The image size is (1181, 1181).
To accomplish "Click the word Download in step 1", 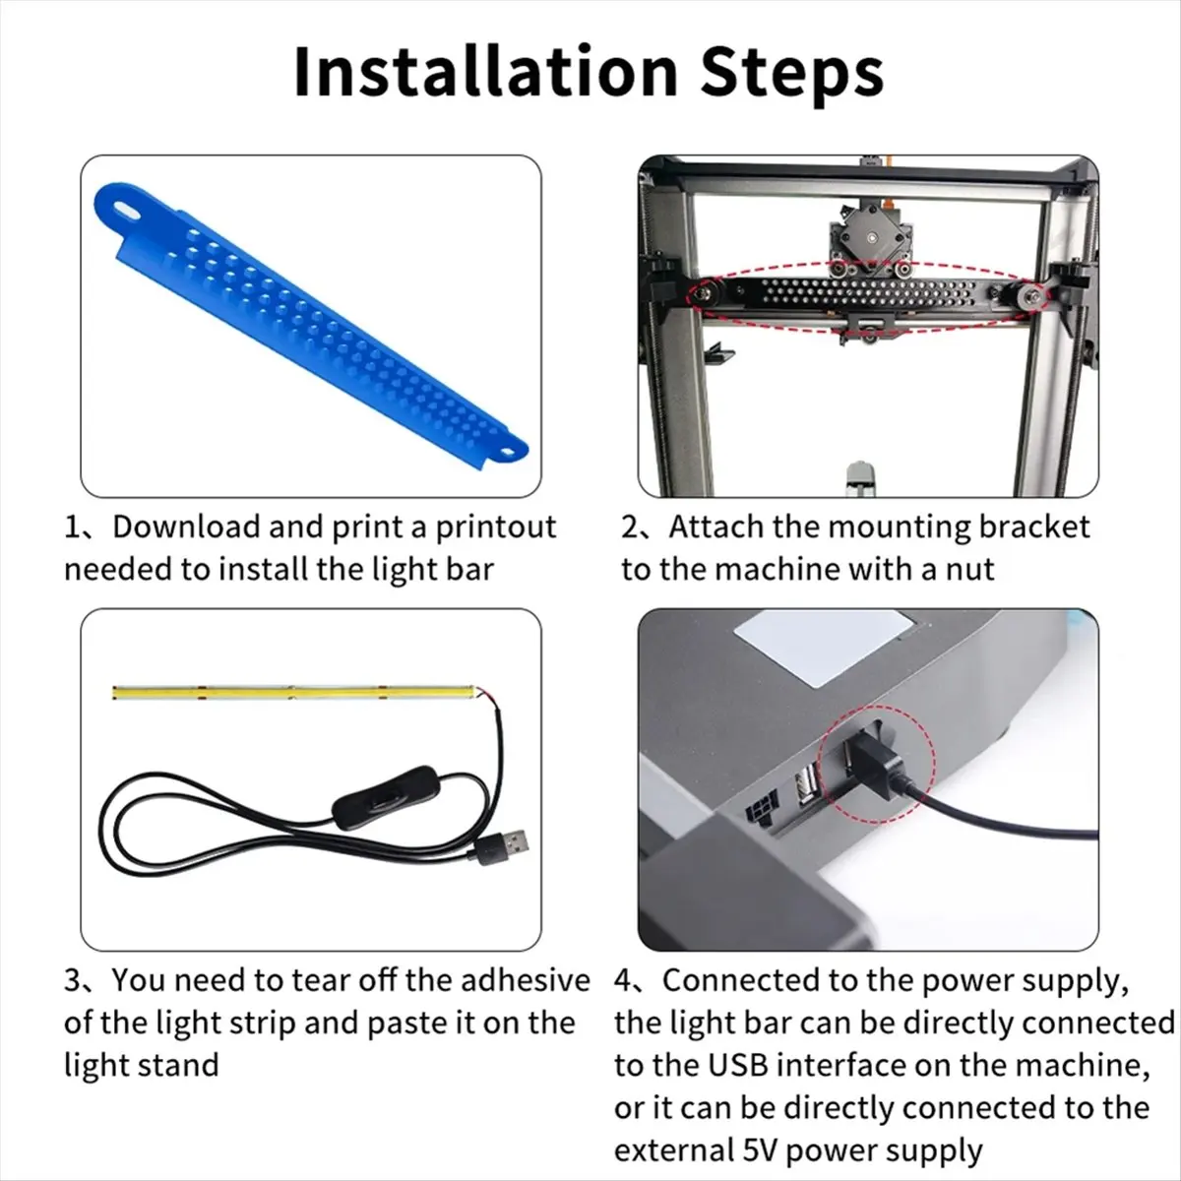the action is (x=186, y=528).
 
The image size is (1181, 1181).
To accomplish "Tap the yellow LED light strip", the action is (x=293, y=693).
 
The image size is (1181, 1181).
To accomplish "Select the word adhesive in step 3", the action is (x=526, y=980).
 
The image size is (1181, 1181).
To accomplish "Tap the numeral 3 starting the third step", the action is (x=72, y=980).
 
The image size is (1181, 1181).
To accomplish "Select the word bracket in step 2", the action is (x=1034, y=528).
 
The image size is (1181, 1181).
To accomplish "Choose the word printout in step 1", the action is (x=496, y=528).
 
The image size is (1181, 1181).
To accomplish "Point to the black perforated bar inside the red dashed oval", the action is (x=869, y=295).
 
